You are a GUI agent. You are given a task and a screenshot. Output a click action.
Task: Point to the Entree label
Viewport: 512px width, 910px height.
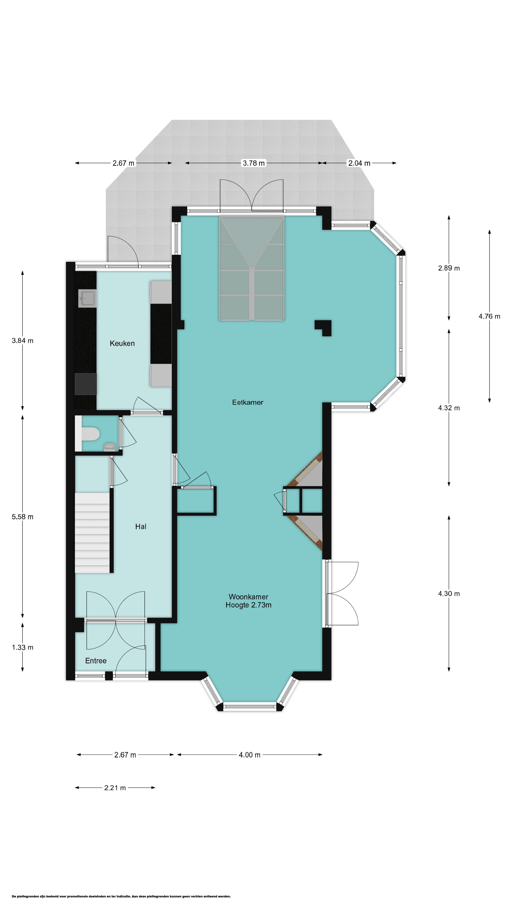(x=96, y=661)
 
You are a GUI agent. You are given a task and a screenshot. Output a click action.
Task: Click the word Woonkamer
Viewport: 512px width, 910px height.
(x=248, y=597)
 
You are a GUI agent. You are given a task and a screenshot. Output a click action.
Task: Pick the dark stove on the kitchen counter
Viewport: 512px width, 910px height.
(x=86, y=384)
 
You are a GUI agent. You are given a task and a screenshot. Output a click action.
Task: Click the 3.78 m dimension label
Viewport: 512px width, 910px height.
(x=254, y=163)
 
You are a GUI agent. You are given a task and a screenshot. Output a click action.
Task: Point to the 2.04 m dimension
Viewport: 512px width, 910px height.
(x=359, y=163)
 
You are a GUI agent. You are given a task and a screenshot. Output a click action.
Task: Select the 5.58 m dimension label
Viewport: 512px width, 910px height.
(x=23, y=517)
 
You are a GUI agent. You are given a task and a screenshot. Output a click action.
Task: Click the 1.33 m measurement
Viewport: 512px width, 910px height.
(x=23, y=647)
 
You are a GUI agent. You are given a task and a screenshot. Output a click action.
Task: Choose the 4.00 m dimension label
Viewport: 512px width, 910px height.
(x=249, y=755)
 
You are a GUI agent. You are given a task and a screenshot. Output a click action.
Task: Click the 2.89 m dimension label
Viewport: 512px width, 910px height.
(x=449, y=268)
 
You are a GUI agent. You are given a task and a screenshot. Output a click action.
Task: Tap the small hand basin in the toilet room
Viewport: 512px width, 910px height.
(x=110, y=447)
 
